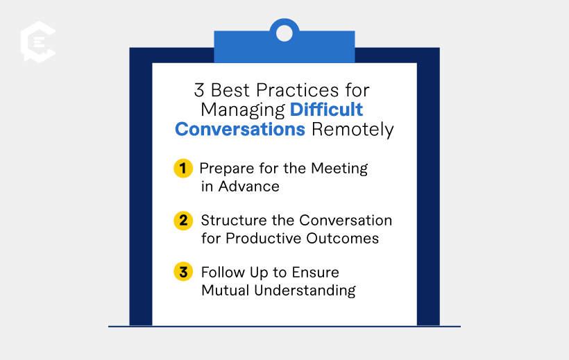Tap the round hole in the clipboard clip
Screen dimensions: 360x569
tap(284, 31)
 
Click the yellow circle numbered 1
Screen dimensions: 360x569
tap(182, 169)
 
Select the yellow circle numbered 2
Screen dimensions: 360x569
tap(182, 221)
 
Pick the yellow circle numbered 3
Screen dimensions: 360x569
tap(182, 272)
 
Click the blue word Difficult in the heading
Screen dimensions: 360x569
tap(326, 110)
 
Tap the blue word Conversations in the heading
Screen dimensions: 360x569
tap(239, 130)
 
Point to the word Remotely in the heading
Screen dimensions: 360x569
tap(352, 130)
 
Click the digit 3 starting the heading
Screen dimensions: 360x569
tap(199, 90)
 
